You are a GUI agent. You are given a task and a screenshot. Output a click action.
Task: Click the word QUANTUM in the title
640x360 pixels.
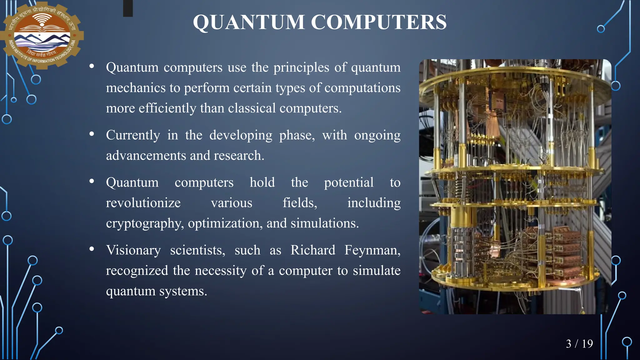(249, 22)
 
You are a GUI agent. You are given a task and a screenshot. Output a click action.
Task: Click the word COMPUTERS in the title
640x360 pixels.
(378, 22)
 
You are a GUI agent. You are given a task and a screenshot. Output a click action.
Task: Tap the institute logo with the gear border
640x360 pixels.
(42, 35)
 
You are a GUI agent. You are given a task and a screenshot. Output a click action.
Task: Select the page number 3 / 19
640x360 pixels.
(579, 344)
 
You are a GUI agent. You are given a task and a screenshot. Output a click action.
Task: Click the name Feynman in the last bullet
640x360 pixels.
(372, 250)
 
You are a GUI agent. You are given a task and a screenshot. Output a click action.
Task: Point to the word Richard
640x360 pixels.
(313, 250)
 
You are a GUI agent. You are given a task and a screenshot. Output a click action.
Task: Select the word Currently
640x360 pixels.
(133, 135)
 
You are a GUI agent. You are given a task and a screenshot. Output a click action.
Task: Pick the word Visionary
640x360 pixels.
(133, 250)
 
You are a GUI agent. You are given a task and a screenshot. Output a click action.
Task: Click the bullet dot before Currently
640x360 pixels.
(92, 134)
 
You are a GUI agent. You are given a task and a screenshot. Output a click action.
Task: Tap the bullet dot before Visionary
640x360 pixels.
(92, 249)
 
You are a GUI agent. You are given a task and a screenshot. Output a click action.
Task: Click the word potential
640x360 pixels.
(348, 182)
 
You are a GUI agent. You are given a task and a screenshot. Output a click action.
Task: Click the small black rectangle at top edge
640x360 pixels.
(128, 8)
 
